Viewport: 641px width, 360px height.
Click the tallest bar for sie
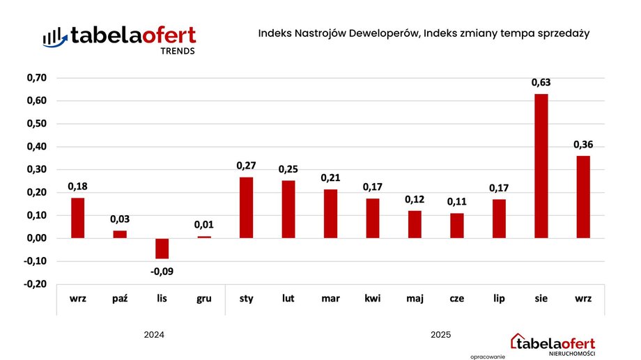point(541,166)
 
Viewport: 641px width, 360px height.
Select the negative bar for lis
point(162,249)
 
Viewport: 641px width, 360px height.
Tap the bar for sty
point(246,208)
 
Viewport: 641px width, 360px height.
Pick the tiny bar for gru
point(204,237)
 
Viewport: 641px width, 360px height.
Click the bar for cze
point(456,226)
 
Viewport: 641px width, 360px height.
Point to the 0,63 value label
point(541,83)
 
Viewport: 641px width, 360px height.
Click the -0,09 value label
point(162,271)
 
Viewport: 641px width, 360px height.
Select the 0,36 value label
point(582,145)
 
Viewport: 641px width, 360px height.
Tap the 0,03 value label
point(120,219)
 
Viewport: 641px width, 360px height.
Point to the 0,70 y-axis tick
point(36,78)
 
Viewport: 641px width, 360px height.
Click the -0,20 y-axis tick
point(36,284)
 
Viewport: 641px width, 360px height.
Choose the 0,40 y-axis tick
point(36,147)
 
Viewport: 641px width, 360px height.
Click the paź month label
point(120,299)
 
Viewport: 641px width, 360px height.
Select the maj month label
point(415,299)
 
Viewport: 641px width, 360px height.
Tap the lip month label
point(499,299)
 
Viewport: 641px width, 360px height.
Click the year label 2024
point(154,335)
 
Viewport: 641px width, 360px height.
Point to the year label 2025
point(440,335)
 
